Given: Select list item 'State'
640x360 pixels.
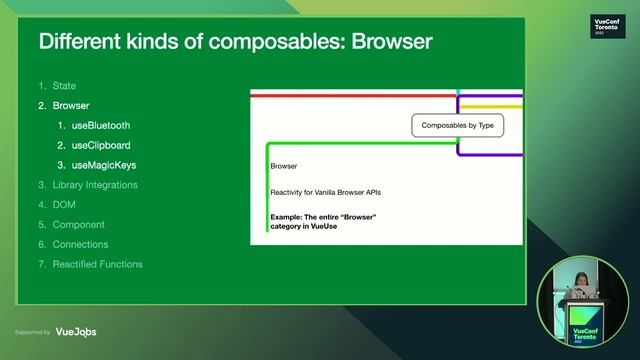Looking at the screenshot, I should pos(64,86).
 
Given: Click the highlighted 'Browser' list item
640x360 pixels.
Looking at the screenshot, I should pos(71,105).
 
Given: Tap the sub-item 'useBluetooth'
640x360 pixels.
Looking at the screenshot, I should pos(101,125).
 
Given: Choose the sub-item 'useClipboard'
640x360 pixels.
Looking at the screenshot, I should pos(101,145).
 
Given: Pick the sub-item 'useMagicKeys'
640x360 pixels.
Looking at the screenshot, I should pos(103,165).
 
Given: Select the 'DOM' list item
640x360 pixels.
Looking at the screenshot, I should pos(64,205).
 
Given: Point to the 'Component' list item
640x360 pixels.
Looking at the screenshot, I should pos(78,225).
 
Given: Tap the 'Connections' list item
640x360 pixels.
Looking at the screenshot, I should pos(80,244).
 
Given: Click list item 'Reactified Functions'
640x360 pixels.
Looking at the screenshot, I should pos(97,264).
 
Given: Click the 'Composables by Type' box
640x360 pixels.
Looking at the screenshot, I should pos(458,126).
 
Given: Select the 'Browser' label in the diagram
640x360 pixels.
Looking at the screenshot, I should pos(284,166).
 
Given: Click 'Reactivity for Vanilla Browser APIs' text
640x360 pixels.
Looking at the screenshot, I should pos(325,191).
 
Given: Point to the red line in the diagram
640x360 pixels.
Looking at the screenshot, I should pos(350,94).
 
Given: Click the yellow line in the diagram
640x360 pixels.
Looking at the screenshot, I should pos(491,105).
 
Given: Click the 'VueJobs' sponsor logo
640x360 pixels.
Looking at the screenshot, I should pos(76,332).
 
